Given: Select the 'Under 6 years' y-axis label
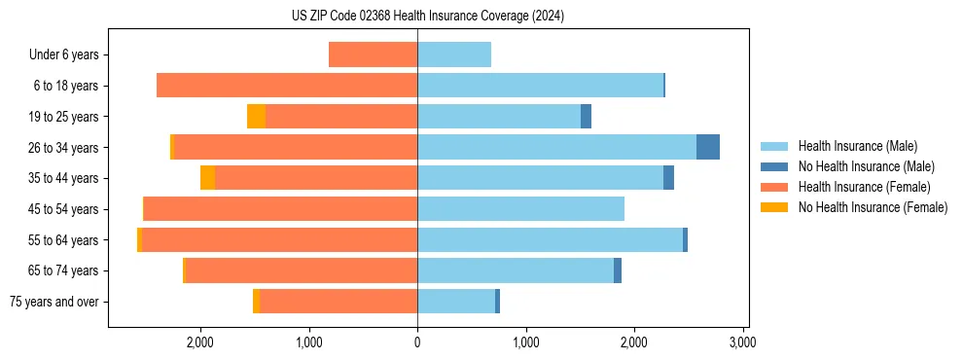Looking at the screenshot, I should click(x=70, y=55).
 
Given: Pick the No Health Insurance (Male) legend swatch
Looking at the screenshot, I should click(x=775, y=167).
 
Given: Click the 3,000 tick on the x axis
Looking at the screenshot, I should click(x=742, y=342).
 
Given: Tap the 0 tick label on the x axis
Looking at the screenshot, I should click(x=417, y=342).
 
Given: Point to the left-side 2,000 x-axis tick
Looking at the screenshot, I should click(x=200, y=342).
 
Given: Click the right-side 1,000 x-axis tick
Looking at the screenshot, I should click(x=525, y=342).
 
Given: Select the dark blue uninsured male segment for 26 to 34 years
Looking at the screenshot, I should click(x=708, y=147).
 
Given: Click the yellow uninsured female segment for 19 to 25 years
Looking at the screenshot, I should click(x=256, y=117).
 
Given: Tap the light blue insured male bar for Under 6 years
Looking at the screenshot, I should click(x=454, y=55).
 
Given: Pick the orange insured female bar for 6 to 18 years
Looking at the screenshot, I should click(x=287, y=86).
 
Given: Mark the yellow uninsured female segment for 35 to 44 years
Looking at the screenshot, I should click(x=207, y=178).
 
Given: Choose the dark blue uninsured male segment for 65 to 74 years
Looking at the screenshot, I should click(x=618, y=270).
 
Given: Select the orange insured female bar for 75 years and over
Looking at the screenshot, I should click(x=339, y=302).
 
